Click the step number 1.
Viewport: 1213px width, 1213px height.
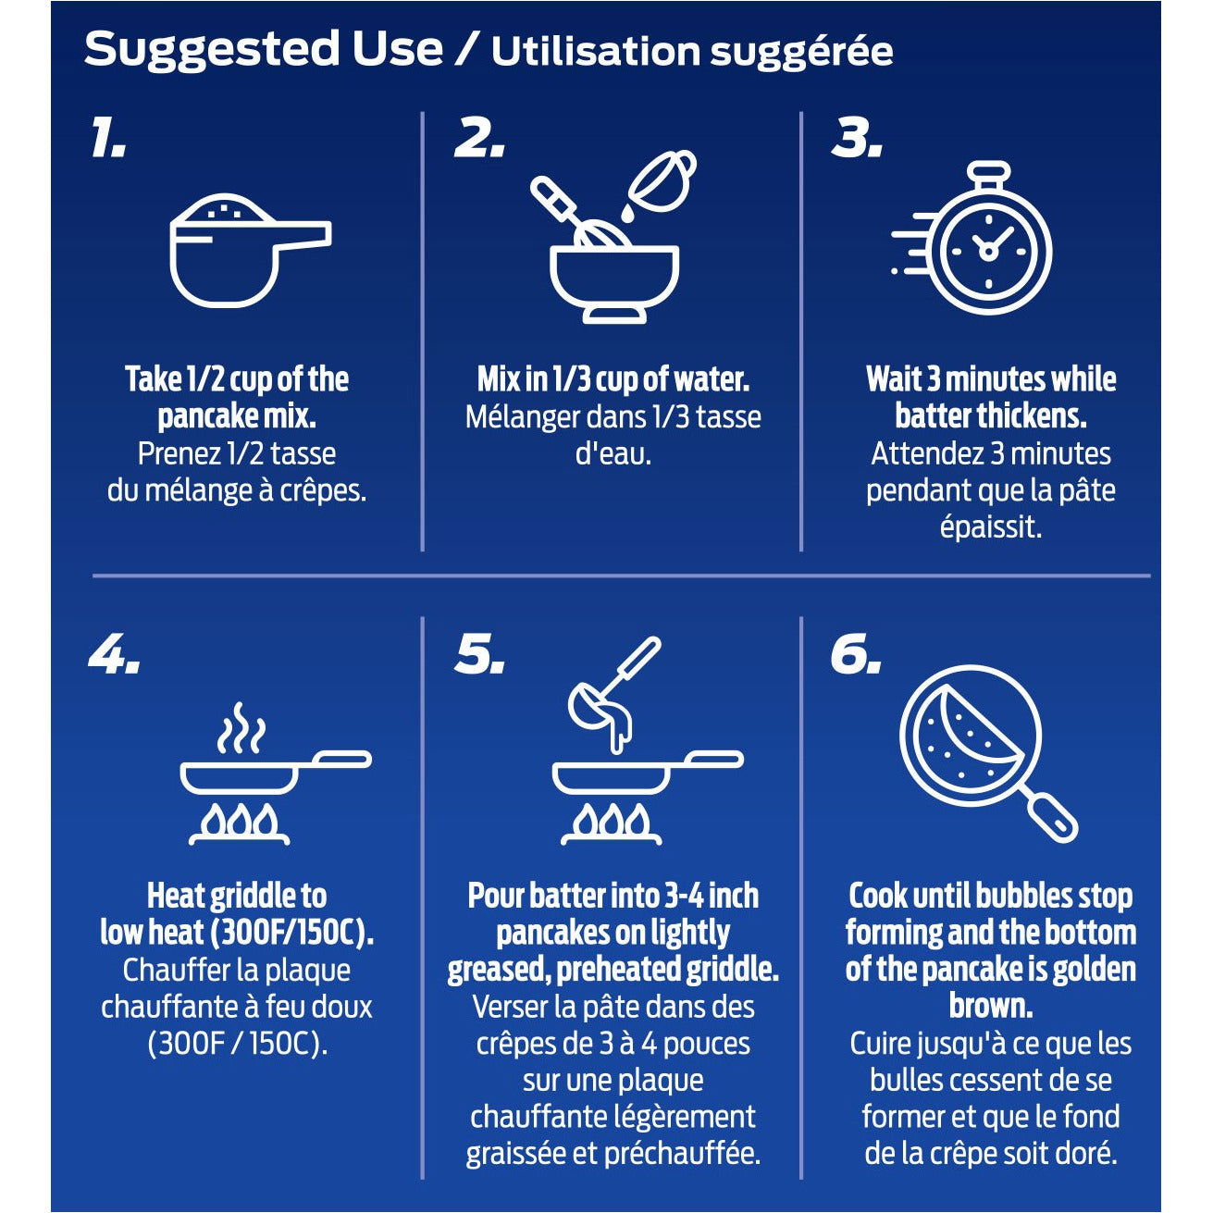coord(107,137)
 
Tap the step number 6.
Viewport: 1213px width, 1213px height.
coord(856,655)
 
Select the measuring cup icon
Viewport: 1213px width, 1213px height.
coord(250,250)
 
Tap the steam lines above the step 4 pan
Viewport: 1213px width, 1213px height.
coord(241,728)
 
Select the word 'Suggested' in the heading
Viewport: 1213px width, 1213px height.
coord(212,49)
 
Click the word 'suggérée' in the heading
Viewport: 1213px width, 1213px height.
coord(801,53)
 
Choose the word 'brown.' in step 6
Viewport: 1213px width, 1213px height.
coord(991,1005)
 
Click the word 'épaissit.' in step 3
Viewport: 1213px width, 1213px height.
coord(991,526)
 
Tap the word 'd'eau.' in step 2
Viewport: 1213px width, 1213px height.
coord(613,453)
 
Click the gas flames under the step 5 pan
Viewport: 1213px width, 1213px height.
coord(612,822)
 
